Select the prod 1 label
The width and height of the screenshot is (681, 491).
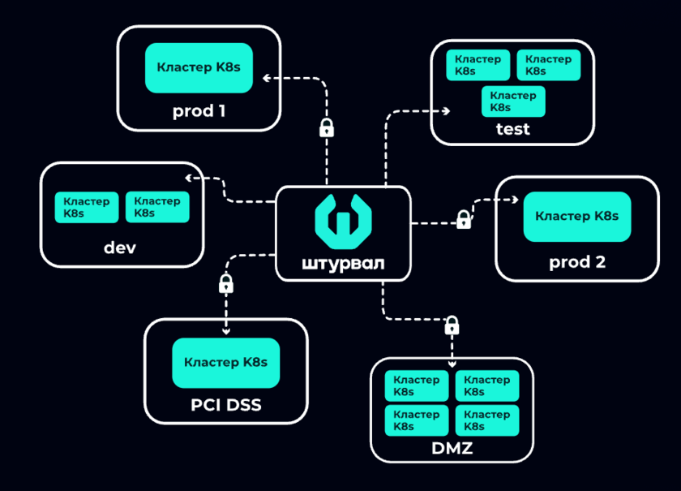click(x=199, y=110)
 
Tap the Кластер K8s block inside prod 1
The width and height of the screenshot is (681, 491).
click(x=199, y=67)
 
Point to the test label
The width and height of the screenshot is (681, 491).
click(x=512, y=128)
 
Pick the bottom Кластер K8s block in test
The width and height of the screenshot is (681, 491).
click(x=513, y=101)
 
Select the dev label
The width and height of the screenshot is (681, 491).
click(x=120, y=247)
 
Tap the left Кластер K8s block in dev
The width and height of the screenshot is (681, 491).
click(x=86, y=207)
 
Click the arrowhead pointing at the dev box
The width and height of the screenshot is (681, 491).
click(x=188, y=178)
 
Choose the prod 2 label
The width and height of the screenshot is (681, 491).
click(x=577, y=262)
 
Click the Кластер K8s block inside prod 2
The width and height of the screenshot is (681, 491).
click(x=577, y=217)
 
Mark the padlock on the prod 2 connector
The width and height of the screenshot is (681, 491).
click(x=463, y=219)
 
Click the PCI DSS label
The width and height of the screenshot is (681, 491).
click(x=226, y=403)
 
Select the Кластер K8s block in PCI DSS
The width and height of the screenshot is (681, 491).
click(x=226, y=363)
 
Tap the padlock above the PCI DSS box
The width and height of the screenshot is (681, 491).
click(x=226, y=283)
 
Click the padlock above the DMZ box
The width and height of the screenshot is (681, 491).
click(x=452, y=325)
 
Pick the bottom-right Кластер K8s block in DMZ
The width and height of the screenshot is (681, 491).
click(x=486, y=420)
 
